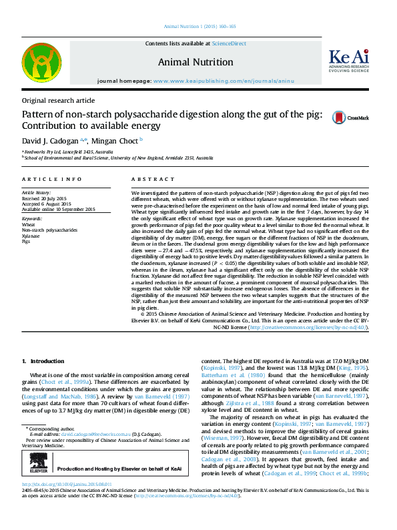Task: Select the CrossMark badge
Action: tap(354, 118)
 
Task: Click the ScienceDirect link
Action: tap(229, 43)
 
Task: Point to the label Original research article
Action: tap(59, 100)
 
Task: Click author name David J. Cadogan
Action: tap(51, 141)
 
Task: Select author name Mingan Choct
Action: tap(115, 141)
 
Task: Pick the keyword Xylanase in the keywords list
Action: tap(31, 236)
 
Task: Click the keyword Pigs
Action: tap(26, 242)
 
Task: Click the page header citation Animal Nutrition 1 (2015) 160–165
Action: tap(198, 27)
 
